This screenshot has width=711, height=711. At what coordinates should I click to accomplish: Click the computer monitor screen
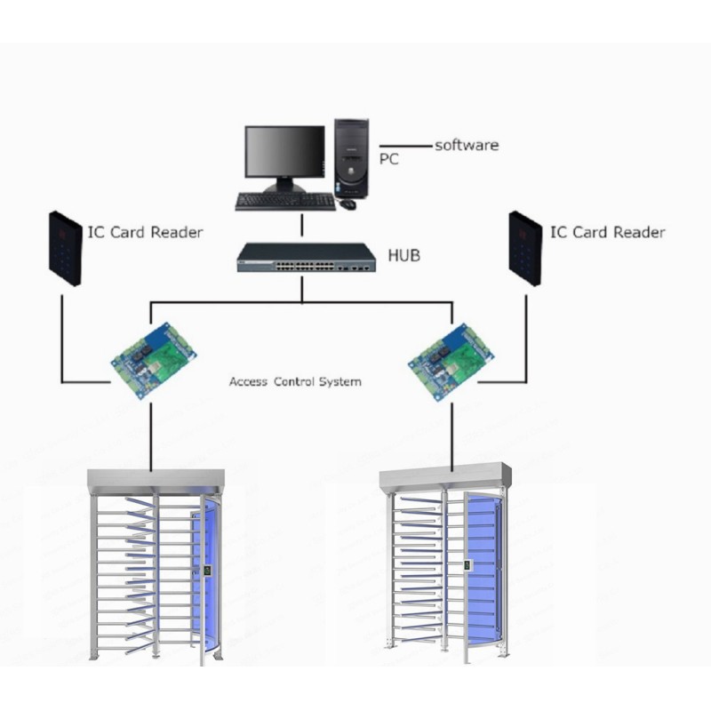(284, 151)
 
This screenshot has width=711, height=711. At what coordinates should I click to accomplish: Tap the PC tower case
(351, 158)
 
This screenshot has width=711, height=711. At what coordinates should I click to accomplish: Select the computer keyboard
(285, 202)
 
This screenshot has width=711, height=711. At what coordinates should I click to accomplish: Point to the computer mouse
(348, 204)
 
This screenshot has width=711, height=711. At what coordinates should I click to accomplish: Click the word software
(467, 145)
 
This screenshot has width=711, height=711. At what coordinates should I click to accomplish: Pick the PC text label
(388, 159)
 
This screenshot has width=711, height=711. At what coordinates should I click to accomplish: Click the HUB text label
(404, 255)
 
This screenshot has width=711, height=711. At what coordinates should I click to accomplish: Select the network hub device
(306, 258)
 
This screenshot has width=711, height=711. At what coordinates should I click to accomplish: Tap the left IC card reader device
(65, 249)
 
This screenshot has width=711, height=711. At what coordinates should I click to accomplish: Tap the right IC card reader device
(525, 249)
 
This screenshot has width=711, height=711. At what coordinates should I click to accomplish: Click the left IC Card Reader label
(145, 232)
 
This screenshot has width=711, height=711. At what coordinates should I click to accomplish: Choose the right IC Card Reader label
(608, 232)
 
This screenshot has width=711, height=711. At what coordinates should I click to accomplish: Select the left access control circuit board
(153, 360)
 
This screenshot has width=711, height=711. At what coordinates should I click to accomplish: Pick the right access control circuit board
(451, 362)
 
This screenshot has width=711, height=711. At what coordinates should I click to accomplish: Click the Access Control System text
(295, 381)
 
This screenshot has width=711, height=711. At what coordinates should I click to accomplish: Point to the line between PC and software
(405, 146)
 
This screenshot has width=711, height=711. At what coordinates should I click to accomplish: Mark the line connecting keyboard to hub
(302, 226)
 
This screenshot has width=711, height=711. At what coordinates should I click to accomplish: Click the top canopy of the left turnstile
(156, 481)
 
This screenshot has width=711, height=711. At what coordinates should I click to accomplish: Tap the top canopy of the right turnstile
(445, 477)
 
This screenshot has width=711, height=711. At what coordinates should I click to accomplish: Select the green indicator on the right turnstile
(466, 565)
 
